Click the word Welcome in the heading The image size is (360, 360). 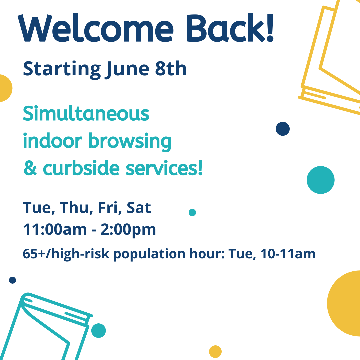[96, 28]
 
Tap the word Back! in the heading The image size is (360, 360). [230, 28]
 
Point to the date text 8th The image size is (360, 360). [171, 68]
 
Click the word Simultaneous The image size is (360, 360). [86, 113]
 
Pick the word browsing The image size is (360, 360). [130, 142]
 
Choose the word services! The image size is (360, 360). [164, 168]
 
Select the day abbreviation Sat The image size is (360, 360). [139, 208]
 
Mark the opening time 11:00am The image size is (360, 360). [55, 229]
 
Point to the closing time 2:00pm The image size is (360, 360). [128, 230]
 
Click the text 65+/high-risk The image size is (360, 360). [66, 254]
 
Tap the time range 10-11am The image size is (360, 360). [288, 254]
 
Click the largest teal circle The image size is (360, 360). [321, 180]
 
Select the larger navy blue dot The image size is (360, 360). [283, 129]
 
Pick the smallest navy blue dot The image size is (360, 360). [12, 280]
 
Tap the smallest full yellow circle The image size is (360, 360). [215, 352]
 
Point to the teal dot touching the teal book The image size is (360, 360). [98, 331]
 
